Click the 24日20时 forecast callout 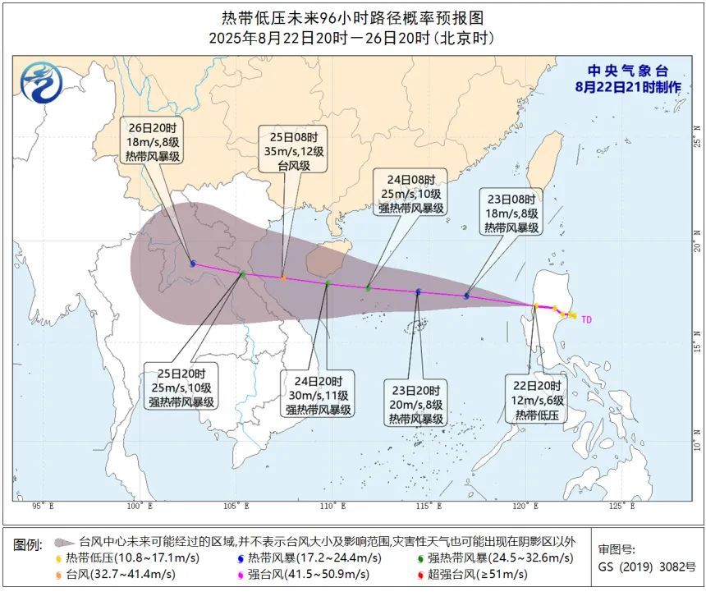click(319, 394)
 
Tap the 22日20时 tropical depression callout click(537, 401)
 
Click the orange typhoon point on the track click(283, 278)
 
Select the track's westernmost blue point click(193, 264)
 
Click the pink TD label click(586, 319)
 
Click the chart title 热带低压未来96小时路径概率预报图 click(352, 17)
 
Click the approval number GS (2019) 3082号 click(646, 567)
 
